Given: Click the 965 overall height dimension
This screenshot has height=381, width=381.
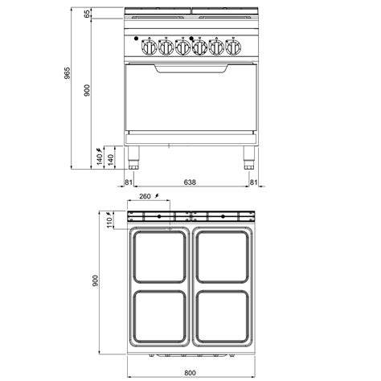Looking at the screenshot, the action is coord(67,73).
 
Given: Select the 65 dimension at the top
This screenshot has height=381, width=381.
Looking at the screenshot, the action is coord(87,14).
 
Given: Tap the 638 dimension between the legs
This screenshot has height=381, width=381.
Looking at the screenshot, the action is coord(190,182).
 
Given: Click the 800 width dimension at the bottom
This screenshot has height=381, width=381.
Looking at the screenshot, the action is coord(190,373).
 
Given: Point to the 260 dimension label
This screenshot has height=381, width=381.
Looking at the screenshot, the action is coord(145,196).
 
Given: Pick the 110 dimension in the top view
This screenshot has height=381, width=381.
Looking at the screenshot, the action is coord(109,223).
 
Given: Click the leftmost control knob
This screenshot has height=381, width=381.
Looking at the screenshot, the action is coord(149,47).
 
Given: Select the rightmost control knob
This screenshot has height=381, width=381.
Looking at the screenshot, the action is coord(233,47).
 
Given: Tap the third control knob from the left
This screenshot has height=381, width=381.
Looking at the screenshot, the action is coord(182,47).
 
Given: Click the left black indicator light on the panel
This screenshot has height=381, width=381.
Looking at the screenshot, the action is coord(136,39).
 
